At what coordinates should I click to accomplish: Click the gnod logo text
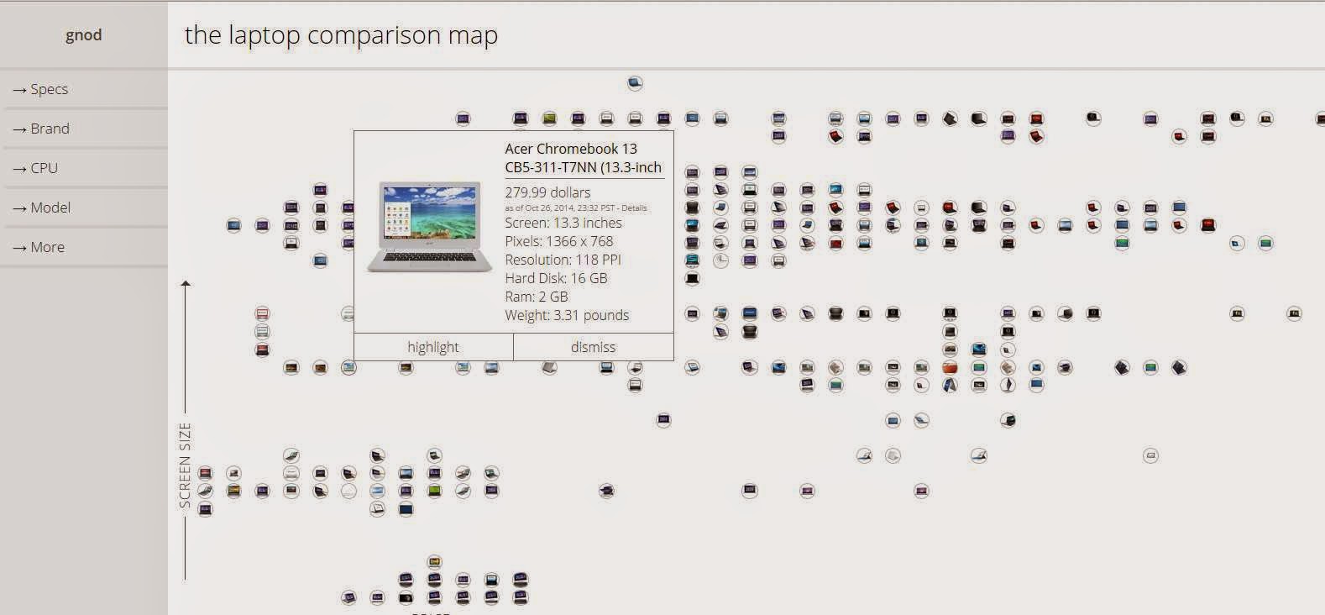pos(83,35)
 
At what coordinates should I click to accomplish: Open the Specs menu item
pos(49,89)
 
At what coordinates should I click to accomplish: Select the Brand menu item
pos(50,129)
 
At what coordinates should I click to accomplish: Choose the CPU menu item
pos(44,168)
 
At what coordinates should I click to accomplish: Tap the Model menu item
pos(50,208)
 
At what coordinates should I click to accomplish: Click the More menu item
pos(47,247)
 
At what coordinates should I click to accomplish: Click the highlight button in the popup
pos(433,347)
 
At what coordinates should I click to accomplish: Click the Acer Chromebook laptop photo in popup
pos(430,227)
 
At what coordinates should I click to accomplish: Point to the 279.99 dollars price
pos(547,192)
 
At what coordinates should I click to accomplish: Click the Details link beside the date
pos(634,208)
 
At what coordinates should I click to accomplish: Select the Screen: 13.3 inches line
pos(563,223)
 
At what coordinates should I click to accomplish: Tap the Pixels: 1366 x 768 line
pos(559,241)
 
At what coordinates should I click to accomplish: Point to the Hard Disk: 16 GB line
pos(556,278)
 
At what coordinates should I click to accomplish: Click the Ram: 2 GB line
pos(537,297)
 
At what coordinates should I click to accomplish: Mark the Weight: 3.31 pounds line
pos(567,315)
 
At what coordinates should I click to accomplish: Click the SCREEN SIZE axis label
pos(185,465)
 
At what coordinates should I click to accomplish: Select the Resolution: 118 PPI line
pos(563,260)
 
